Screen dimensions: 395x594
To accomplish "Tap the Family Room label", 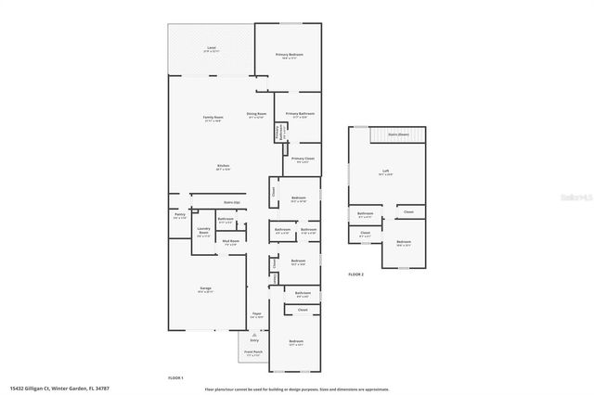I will click(213, 118).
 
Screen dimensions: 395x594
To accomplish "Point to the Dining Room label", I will click(255, 114).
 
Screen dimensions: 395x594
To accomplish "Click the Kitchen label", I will click(224, 167).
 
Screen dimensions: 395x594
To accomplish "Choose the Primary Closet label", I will click(303, 159).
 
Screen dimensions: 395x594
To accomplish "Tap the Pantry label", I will click(179, 216).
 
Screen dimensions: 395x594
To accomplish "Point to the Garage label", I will click(205, 288).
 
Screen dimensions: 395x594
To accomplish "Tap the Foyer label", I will click(256, 314).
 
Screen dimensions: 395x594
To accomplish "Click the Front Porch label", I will click(251, 354).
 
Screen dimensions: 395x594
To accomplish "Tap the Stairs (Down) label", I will click(396, 134).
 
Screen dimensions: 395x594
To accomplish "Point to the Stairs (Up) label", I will click(232, 201).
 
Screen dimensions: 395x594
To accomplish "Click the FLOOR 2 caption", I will click(356, 275).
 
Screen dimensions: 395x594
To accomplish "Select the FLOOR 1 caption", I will click(175, 377).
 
